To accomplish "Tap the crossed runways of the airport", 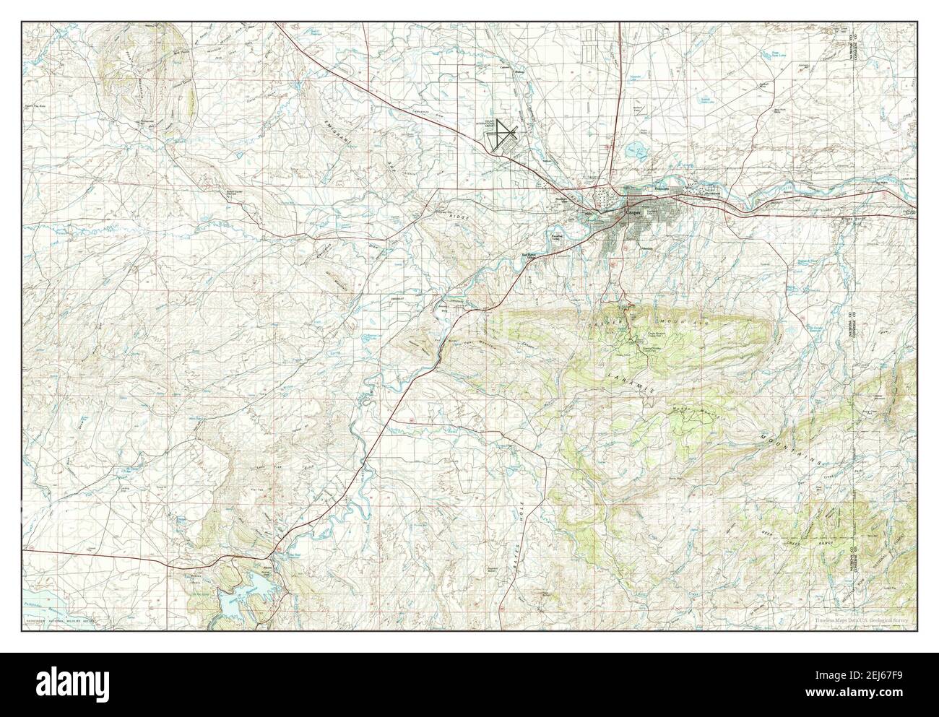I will click(503, 134).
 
